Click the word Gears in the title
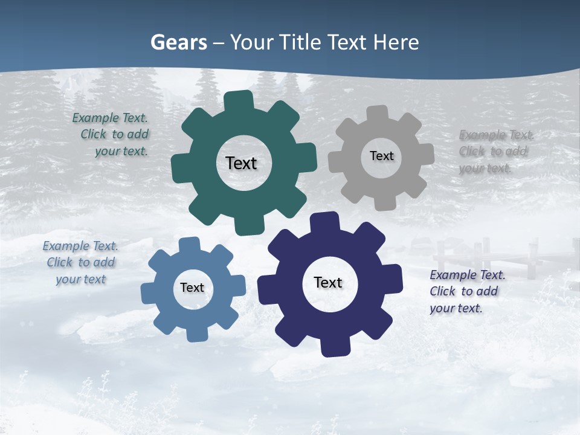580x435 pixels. [x=179, y=43]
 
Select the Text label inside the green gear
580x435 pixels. [x=241, y=163]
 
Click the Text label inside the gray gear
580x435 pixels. [x=381, y=156]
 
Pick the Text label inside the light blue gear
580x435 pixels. [x=192, y=288]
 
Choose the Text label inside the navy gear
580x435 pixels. [x=328, y=282]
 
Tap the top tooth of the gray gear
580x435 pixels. [x=378, y=114]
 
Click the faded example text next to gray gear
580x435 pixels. [x=495, y=151]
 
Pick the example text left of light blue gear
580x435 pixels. [x=81, y=262]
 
